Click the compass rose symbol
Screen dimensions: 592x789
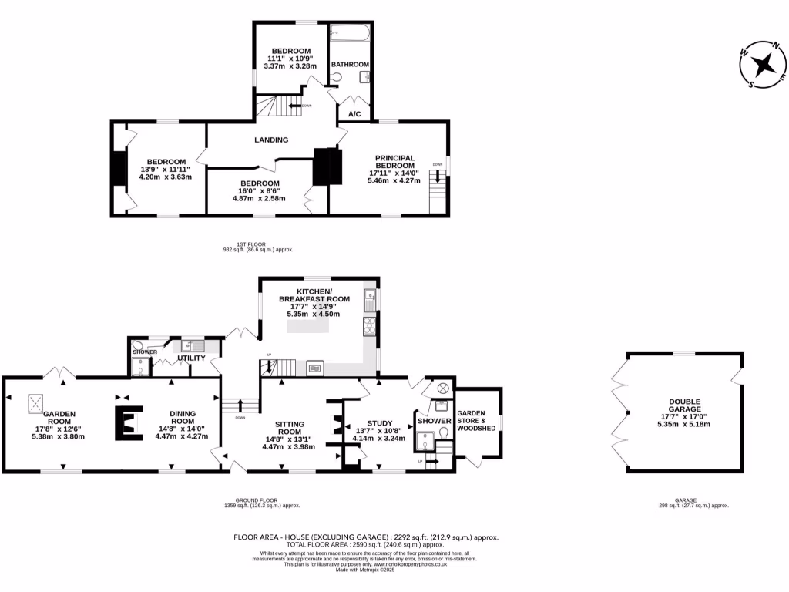[x=763, y=65]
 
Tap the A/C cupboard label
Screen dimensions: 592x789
[x=354, y=114]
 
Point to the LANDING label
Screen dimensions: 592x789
[x=271, y=140]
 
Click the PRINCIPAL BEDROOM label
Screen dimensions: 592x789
[x=394, y=163]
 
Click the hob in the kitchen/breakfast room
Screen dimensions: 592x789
[x=368, y=327]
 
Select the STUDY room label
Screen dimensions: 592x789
[x=379, y=423]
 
